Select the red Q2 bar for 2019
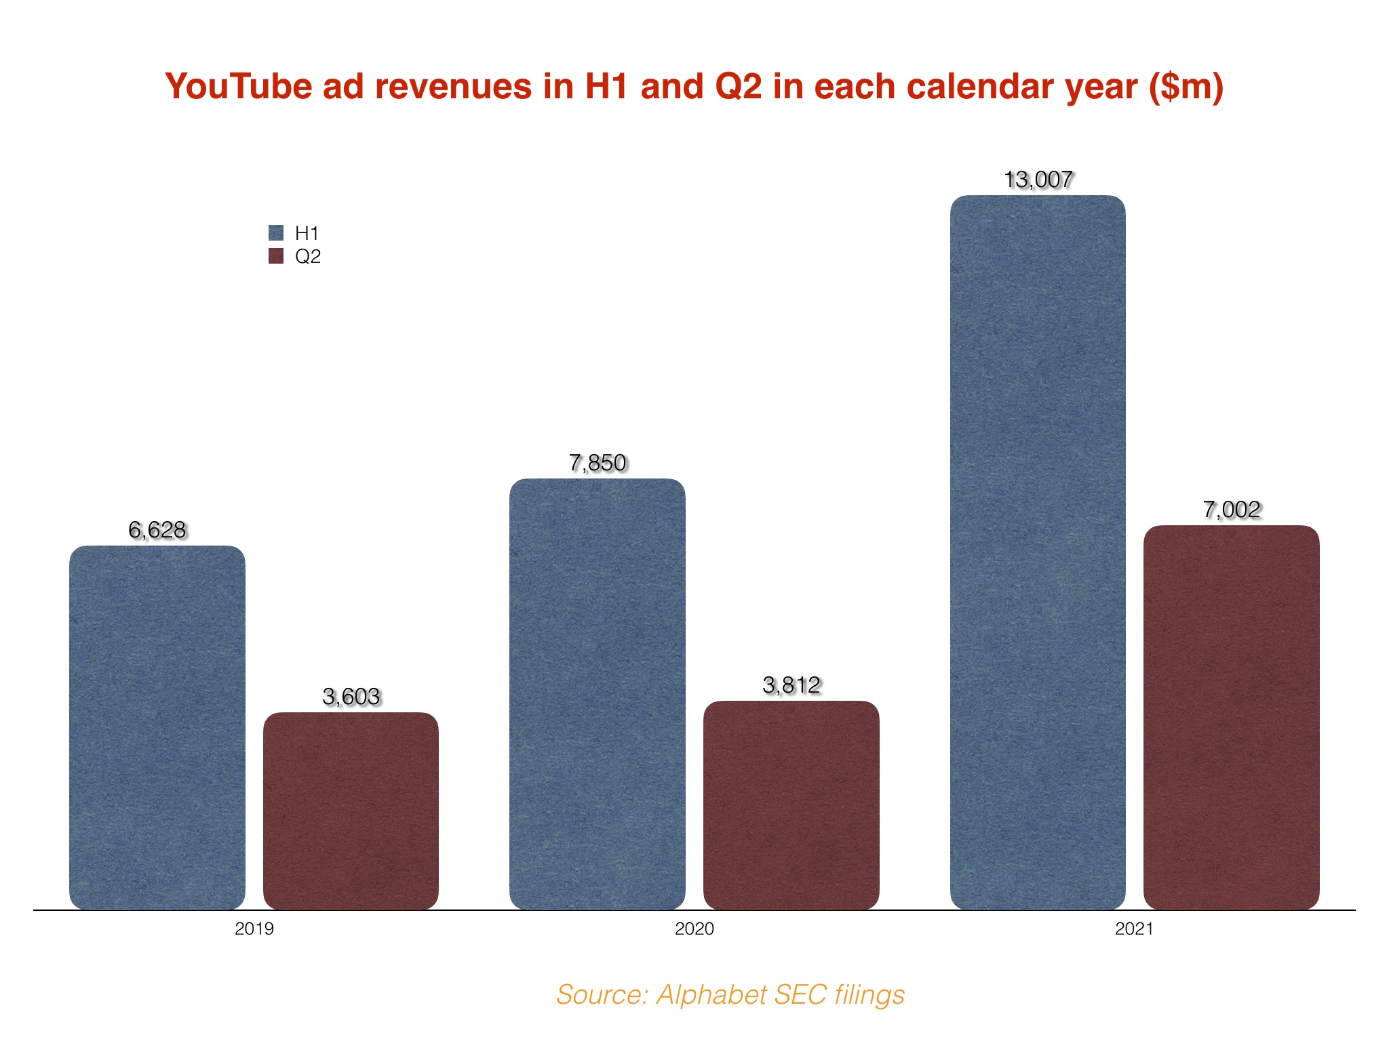(351, 811)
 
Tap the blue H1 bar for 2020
(597, 694)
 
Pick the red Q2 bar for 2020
(791, 805)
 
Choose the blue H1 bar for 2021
(1038, 552)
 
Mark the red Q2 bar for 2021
(1231, 717)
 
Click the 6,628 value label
(157, 530)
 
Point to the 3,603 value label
(351, 697)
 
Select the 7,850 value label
(597, 463)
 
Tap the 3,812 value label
(791, 685)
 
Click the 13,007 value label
(1038, 180)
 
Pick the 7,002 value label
(1231, 510)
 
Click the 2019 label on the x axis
(254, 929)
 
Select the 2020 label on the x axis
(694, 929)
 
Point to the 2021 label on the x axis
(1134, 929)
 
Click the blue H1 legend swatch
(276, 233)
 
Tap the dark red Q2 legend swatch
(276, 256)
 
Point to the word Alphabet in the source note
(711, 995)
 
